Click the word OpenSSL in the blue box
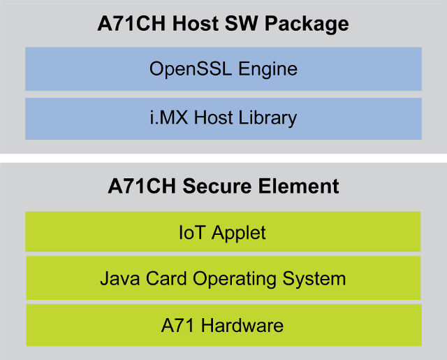click(x=191, y=69)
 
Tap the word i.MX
click(x=169, y=117)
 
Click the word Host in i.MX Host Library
click(x=213, y=117)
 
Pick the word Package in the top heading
click(x=307, y=24)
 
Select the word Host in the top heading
click(x=196, y=23)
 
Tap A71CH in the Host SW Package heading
click(x=131, y=23)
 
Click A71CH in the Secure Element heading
click(x=142, y=186)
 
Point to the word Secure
click(x=217, y=186)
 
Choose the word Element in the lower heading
click(x=299, y=186)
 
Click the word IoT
click(x=192, y=232)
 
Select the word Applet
click(x=239, y=233)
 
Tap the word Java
click(x=119, y=278)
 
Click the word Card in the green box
click(x=166, y=278)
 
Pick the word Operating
click(x=235, y=280)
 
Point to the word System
click(x=314, y=280)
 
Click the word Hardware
click(x=242, y=325)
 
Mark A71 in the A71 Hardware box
click(x=178, y=325)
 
